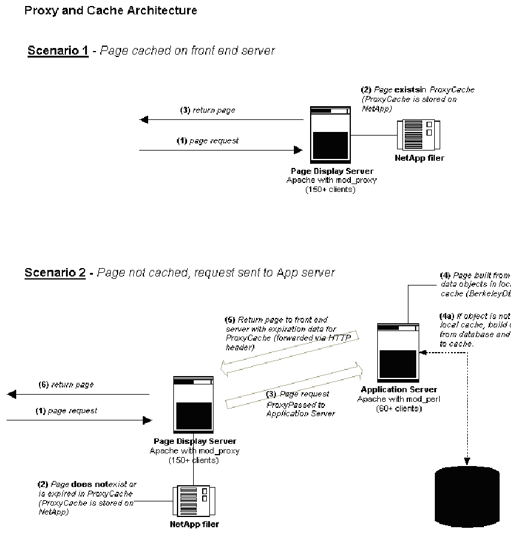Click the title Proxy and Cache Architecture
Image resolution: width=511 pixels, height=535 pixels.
110,11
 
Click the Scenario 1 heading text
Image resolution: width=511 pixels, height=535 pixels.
58,50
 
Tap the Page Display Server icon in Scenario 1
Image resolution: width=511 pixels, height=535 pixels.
330,135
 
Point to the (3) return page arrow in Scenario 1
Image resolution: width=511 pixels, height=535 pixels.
221,120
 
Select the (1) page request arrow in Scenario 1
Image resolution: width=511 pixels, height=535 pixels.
221,150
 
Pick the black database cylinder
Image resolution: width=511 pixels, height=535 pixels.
467,497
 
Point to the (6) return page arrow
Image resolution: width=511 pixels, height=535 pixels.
78,394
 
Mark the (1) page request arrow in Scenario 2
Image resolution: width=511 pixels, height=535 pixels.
78,420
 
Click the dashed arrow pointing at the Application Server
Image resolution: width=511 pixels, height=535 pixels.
444,353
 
